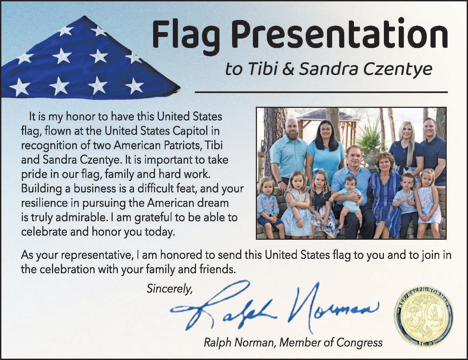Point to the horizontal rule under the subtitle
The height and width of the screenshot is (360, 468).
tap(321, 92)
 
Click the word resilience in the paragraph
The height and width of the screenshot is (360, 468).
tap(44, 203)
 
